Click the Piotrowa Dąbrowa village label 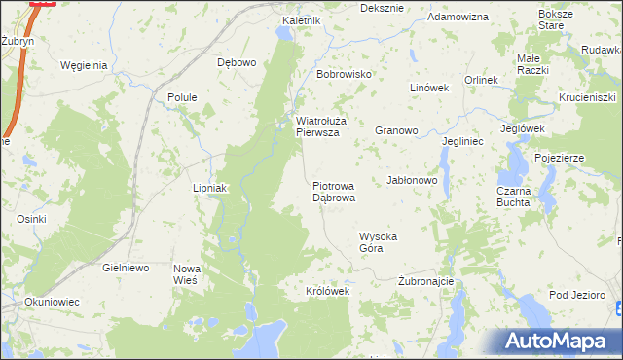(x=334, y=191)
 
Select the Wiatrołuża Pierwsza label (x=317, y=127)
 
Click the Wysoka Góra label (x=379, y=242)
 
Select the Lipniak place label (x=209, y=188)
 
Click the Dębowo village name (x=237, y=62)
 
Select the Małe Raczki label (x=532, y=64)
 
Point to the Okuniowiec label (x=52, y=302)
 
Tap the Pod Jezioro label (x=577, y=294)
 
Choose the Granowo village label (x=396, y=129)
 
